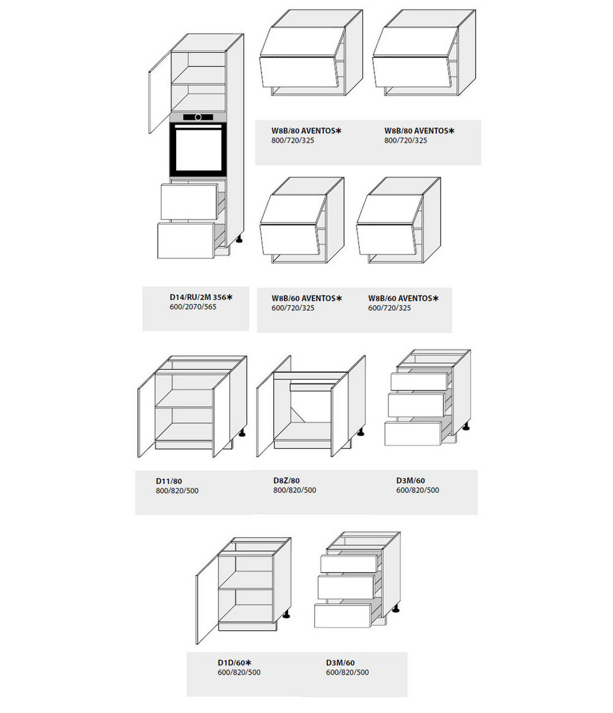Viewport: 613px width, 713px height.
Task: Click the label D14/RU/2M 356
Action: [x=198, y=297]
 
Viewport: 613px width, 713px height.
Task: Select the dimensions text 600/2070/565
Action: [x=193, y=306]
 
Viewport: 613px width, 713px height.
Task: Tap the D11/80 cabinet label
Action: [x=169, y=481]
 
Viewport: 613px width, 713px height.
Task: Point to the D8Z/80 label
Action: [x=286, y=480]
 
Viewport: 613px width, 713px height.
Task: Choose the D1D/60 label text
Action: [x=231, y=662]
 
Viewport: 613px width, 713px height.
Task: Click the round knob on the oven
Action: [x=198, y=117]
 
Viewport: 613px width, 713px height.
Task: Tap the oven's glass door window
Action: [x=198, y=149]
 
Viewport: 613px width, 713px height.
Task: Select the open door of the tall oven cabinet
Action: [x=160, y=92]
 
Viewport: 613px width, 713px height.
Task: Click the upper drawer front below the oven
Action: [x=189, y=202]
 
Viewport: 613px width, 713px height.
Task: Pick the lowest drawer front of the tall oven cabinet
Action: [x=185, y=241]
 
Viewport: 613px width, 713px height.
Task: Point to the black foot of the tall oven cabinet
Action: [x=239, y=239]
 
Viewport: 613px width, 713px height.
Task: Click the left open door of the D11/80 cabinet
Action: [x=146, y=415]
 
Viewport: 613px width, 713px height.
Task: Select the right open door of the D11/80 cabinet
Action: [x=221, y=416]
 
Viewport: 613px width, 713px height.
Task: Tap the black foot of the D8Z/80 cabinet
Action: [x=361, y=432]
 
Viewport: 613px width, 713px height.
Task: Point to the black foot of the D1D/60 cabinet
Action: [x=286, y=614]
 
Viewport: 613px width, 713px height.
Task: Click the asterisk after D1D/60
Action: [x=248, y=662]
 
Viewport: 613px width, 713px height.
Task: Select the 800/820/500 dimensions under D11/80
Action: [x=177, y=490]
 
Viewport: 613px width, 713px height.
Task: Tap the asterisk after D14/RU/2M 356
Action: [x=230, y=297]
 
